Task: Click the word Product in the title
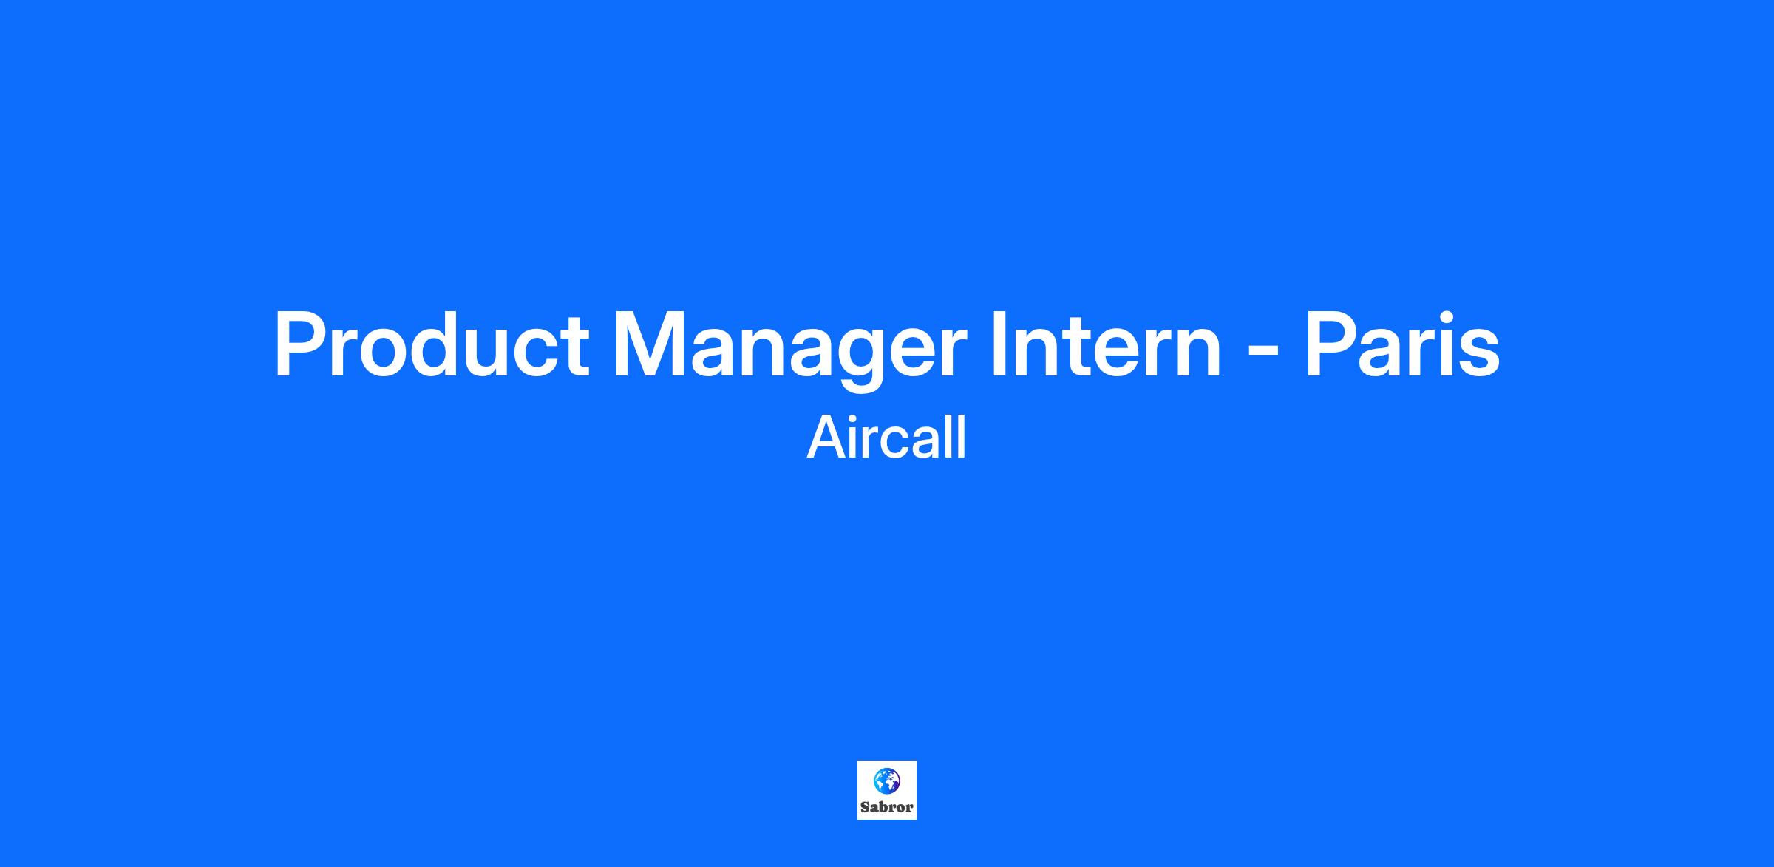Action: pyautogui.click(x=432, y=345)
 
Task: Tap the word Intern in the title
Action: pyautogui.click(x=1106, y=345)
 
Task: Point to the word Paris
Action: pyautogui.click(x=1402, y=345)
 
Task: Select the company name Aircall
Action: pyautogui.click(x=887, y=438)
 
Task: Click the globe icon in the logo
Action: pyautogui.click(x=887, y=781)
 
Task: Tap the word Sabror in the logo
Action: pyautogui.click(x=887, y=807)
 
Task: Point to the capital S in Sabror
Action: pyautogui.click(x=865, y=807)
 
